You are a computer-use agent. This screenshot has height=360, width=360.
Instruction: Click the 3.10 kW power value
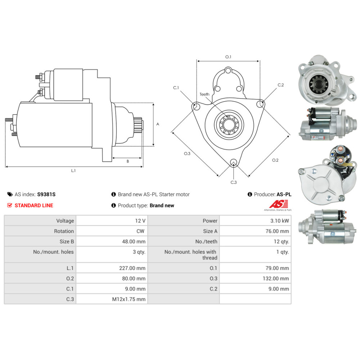pos(279,221)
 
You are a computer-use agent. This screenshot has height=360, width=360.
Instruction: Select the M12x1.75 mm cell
pos(129,299)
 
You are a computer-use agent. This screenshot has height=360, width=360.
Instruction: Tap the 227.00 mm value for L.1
pos(132,268)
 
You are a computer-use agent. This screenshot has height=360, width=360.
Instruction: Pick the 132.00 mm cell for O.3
pos(276,279)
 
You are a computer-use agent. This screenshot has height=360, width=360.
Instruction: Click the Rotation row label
pos(64,231)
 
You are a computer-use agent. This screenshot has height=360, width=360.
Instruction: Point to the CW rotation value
pos(140,231)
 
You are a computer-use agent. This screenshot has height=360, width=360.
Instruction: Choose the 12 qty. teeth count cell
pos(281,242)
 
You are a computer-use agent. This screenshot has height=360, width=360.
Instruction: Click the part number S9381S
pos(46,194)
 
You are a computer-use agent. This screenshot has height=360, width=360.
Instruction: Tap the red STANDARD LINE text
pos(34,206)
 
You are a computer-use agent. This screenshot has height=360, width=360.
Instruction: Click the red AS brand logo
pos(279,204)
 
